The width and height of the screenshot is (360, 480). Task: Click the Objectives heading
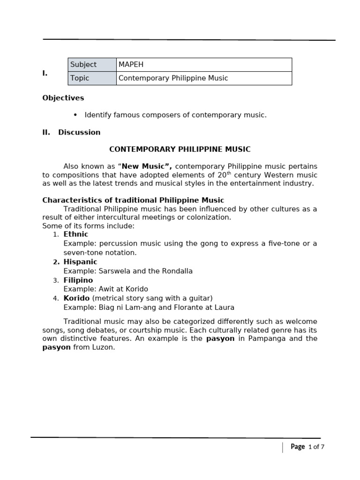click(x=63, y=98)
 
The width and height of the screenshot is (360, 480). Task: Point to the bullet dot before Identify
click(x=75, y=115)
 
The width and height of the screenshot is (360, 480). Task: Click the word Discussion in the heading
click(x=79, y=132)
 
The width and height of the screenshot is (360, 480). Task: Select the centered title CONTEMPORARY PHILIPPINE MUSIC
click(x=180, y=149)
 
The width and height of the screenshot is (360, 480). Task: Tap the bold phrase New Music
click(x=145, y=166)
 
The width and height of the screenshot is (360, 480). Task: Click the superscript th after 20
click(x=230, y=173)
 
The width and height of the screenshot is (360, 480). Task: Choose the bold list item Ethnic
click(x=76, y=234)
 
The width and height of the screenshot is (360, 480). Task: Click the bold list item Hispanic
click(x=81, y=262)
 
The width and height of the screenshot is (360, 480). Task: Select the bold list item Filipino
click(x=78, y=280)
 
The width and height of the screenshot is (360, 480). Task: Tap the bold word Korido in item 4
click(x=76, y=298)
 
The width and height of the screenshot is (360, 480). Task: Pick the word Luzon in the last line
click(x=104, y=347)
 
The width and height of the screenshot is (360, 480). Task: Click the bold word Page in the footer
click(x=298, y=447)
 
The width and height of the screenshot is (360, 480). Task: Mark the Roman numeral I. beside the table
click(x=45, y=73)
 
